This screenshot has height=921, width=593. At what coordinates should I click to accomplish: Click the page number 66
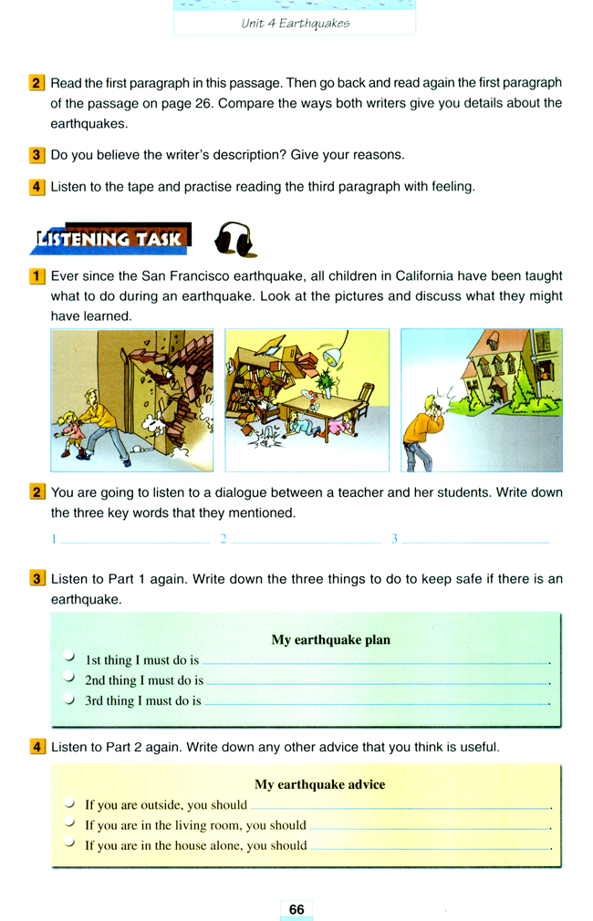click(296, 909)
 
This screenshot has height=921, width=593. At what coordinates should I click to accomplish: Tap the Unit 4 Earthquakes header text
click(295, 24)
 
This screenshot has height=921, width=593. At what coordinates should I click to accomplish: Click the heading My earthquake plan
click(330, 639)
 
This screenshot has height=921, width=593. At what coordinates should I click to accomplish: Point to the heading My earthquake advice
click(319, 784)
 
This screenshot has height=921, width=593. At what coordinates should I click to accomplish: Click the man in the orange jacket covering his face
click(421, 433)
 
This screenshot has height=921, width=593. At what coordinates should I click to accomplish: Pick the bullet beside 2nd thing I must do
click(70, 678)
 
